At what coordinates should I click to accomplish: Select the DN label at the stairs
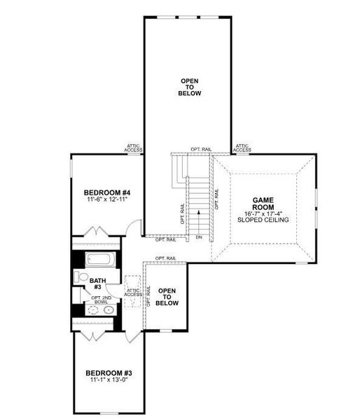[199, 238]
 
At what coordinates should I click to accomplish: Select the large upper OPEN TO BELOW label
[189, 87]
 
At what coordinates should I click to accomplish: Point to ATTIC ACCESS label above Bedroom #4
[134, 148]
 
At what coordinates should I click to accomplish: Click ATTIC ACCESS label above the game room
[242, 148]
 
